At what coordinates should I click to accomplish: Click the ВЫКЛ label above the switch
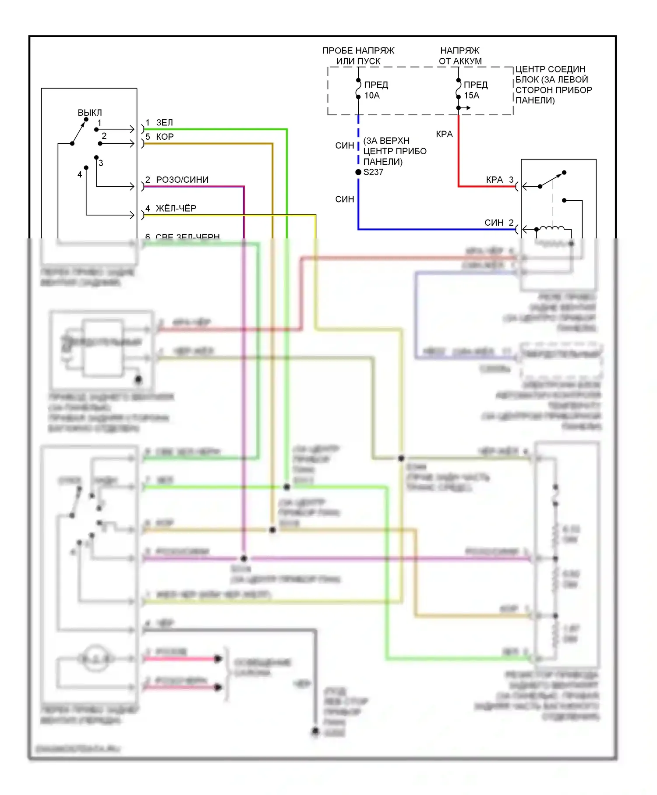[x=89, y=113]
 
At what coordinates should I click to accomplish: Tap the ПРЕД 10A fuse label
[x=376, y=90]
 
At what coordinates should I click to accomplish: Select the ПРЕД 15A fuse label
[x=476, y=90]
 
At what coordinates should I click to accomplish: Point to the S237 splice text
[x=374, y=172]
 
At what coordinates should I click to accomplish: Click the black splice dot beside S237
[x=358, y=172]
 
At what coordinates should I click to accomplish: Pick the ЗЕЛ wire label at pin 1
[x=164, y=123]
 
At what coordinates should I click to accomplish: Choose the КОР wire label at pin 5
[x=165, y=137]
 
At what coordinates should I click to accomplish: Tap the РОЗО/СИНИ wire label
[x=182, y=180]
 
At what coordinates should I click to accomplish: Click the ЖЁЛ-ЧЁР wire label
[x=176, y=208]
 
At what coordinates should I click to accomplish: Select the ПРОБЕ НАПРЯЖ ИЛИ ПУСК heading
[x=358, y=56]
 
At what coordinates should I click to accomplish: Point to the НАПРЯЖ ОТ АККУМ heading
[x=460, y=56]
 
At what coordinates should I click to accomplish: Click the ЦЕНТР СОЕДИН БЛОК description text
[x=553, y=85]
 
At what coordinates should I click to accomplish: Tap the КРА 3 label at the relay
[x=499, y=180]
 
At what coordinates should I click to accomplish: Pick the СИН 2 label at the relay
[x=499, y=223]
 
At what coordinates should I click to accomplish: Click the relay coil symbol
[x=551, y=228]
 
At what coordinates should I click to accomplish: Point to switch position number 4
[x=80, y=174]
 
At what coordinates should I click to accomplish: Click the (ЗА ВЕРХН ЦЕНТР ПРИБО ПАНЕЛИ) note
[x=395, y=151]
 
